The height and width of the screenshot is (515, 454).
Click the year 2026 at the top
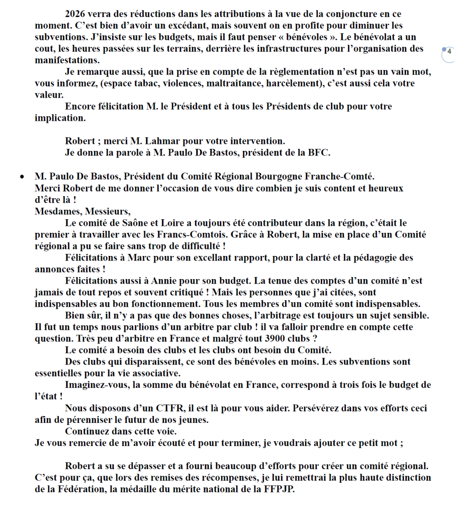click(x=76, y=15)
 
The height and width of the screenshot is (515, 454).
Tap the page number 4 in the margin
click(x=449, y=51)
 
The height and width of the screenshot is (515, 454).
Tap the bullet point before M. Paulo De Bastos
click(x=22, y=177)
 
